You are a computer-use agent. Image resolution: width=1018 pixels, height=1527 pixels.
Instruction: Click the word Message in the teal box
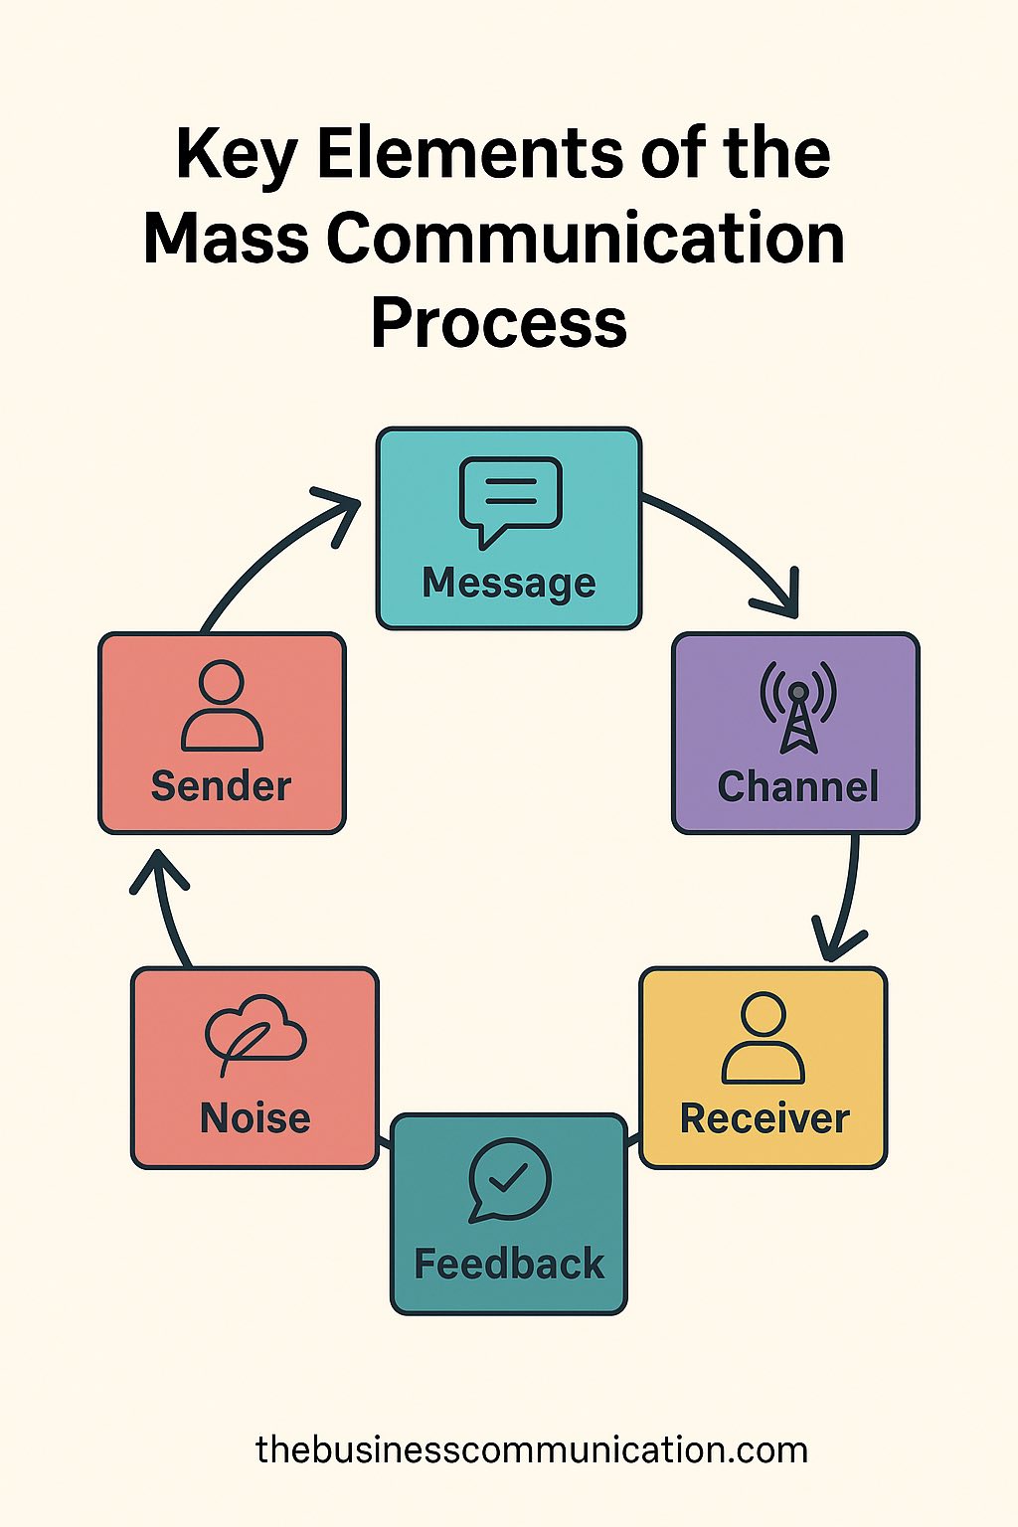point(509,583)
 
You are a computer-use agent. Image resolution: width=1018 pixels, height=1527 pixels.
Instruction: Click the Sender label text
point(221,786)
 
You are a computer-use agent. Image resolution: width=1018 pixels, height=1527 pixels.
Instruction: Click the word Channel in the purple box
point(797,786)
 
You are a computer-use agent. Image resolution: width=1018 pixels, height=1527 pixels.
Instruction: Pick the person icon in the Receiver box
point(763,1038)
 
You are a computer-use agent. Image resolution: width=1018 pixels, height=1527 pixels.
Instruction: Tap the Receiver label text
point(764,1118)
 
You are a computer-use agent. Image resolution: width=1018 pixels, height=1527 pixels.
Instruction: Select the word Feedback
point(509,1265)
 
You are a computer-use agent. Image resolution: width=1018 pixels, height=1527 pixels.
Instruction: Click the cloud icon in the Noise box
point(255,1035)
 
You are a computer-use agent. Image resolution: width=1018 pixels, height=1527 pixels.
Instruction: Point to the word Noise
point(255,1118)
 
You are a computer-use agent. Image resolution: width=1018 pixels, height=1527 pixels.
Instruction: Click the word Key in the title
point(237,155)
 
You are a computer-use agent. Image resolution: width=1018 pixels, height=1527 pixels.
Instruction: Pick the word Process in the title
point(499,323)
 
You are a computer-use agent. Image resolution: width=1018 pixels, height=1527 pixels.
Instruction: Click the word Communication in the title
point(586,240)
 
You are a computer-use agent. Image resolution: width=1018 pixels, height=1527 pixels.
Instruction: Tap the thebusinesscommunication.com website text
point(532,1449)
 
